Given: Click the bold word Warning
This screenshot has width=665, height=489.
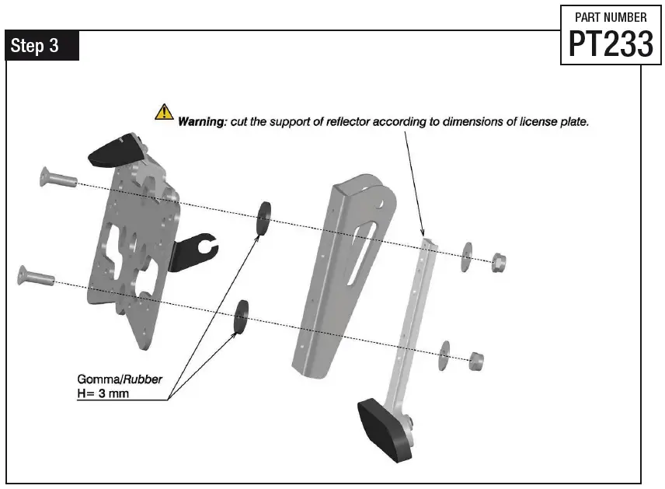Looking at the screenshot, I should [x=200, y=122].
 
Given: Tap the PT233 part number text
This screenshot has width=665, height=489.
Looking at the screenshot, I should [x=611, y=44].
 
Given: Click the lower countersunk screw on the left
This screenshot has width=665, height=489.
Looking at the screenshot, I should [x=36, y=274].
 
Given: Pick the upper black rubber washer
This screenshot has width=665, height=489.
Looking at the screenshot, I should [x=264, y=217].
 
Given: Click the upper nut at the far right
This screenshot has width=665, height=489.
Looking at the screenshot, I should [x=497, y=261].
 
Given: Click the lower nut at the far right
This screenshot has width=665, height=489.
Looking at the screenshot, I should [x=477, y=359].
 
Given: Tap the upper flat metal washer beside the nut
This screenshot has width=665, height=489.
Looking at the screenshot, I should [x=467, y=257].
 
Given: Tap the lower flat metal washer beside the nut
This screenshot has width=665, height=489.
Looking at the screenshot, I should [x=445, y=354].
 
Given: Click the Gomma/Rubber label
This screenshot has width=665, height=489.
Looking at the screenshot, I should [x=120, y=379].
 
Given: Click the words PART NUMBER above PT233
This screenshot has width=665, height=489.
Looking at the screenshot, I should [x=611, y=17].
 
